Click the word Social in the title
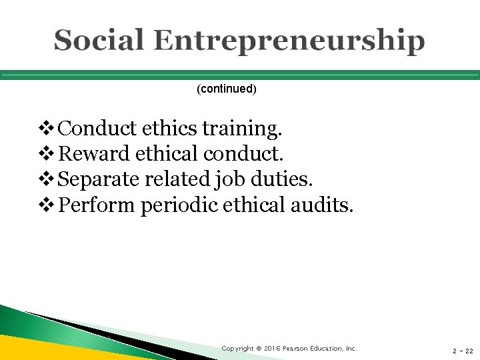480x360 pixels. coord(99,41)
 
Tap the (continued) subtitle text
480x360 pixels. coord(227,89)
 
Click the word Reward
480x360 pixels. coord(94,154)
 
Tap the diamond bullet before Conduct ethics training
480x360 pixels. coord(48,128)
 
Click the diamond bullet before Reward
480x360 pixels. coord(48,154)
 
